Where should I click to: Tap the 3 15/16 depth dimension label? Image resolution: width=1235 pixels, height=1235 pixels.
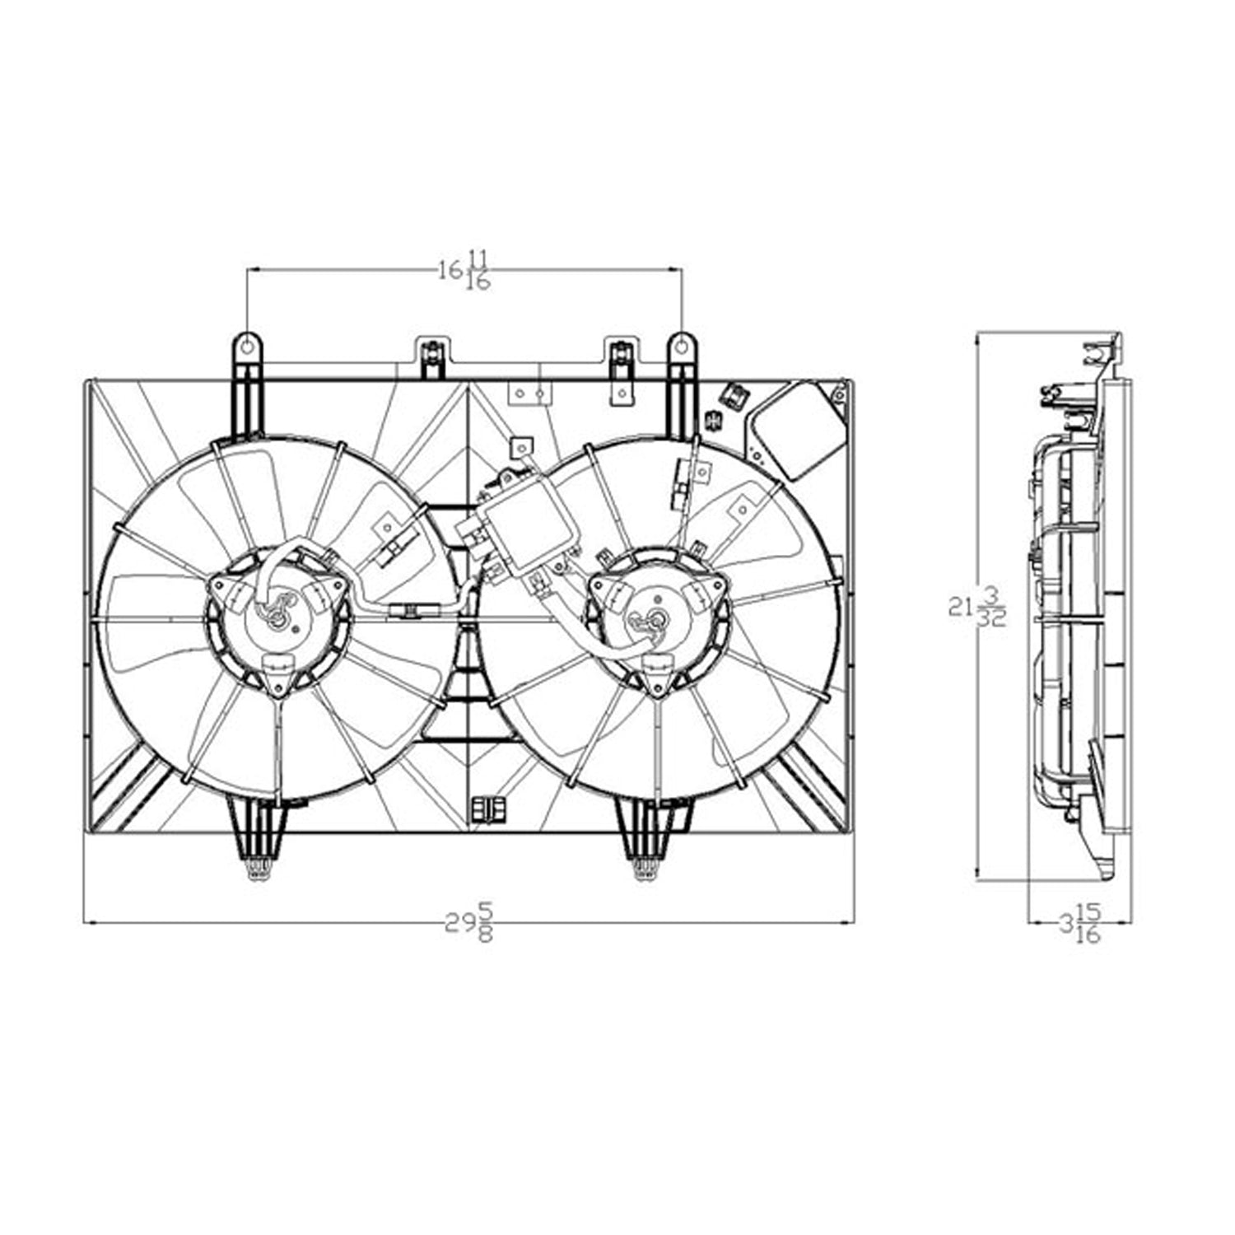pyautogui.click(x=1080, y=922)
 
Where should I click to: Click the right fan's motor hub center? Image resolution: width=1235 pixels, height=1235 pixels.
pyautogui.click(x=656, y=619)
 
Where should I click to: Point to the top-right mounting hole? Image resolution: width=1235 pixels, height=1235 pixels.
pyautogui.click(x=682, y=347)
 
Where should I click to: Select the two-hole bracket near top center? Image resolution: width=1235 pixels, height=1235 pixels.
pyautogui.click(x=529, y=394)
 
